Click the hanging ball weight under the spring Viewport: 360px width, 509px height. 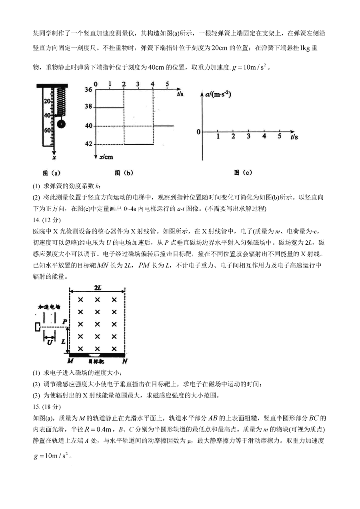61,124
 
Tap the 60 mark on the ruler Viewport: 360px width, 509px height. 48,130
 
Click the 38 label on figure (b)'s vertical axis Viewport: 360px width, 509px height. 88,107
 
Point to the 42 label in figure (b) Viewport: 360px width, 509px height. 88,144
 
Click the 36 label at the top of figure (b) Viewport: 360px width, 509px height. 88,89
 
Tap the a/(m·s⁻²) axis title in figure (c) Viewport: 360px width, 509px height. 219,95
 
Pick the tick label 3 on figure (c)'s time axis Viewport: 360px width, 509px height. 248,137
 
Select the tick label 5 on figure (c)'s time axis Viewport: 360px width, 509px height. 280,137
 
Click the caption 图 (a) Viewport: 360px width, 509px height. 52,173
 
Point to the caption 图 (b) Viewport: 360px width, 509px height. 124,173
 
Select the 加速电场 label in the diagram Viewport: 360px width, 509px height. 49,307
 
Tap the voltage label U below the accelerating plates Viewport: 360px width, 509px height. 50,342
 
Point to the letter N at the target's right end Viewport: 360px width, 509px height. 125,361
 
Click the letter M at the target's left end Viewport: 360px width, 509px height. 70,361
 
